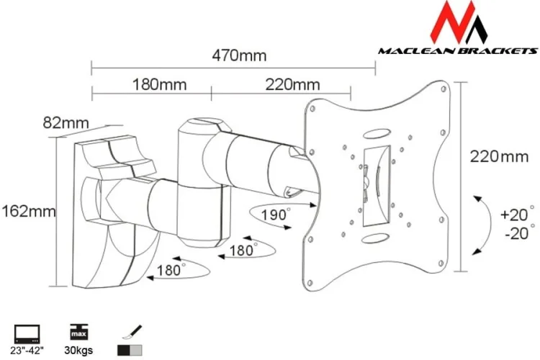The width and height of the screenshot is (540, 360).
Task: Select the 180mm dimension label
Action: point(159,84)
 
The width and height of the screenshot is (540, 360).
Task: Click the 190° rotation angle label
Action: point(276,214)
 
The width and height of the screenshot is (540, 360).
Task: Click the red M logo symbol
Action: point(456,23)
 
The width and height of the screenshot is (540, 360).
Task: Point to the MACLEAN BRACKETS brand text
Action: point(458,51)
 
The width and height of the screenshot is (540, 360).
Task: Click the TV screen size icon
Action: point(27,334)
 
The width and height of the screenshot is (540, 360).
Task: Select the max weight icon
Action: point(79,333)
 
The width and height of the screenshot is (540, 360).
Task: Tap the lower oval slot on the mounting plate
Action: point(374,237)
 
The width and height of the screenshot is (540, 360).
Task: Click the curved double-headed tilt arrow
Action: point(478,224)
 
